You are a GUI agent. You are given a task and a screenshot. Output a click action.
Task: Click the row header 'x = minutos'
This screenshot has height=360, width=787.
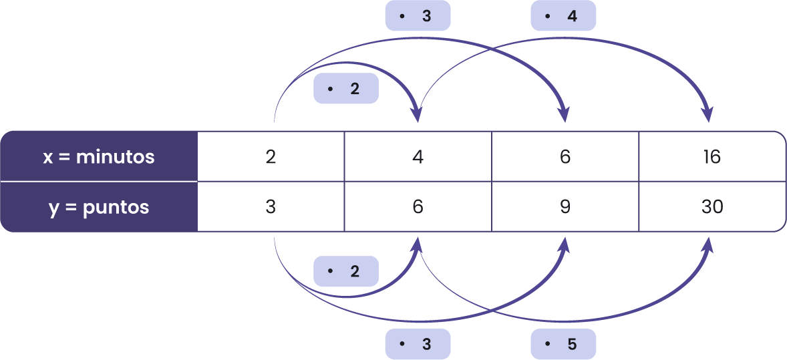(99, 157)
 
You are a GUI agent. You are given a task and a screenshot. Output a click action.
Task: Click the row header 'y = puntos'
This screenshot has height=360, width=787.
(99, 207)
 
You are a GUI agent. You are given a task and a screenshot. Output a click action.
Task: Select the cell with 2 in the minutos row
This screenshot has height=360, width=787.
(271, 157)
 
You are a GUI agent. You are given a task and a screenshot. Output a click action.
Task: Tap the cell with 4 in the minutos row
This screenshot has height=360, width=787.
(418, 157)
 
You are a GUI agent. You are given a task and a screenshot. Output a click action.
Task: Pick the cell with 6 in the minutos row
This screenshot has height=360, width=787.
(565, 157)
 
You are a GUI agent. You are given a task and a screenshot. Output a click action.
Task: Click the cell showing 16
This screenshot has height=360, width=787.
(712, 157)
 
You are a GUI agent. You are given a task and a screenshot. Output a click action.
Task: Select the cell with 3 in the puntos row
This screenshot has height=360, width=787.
(271, 207)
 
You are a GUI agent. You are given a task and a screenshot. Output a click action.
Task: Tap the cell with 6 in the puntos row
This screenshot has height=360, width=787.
(418, 207)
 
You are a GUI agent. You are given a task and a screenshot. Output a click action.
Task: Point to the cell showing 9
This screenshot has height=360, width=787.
(565, 207)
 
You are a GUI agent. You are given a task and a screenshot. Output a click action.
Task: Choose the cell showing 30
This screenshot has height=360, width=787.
(712, 207)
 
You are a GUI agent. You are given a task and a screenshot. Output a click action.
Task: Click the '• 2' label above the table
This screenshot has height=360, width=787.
(346, 89)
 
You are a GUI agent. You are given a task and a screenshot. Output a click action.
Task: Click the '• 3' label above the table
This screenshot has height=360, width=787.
(418, 15)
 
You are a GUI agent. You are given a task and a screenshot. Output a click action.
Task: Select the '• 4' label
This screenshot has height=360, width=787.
(563, 15)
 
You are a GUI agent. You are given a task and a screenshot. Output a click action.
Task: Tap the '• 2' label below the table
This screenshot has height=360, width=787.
(346, 272)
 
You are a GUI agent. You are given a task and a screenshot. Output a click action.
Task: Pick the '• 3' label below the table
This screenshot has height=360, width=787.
(418, 345)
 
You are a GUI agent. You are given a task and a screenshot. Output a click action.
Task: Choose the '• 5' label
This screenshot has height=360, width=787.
(563, 345)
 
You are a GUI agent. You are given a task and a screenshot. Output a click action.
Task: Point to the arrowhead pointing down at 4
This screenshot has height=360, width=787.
(418, 115)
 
